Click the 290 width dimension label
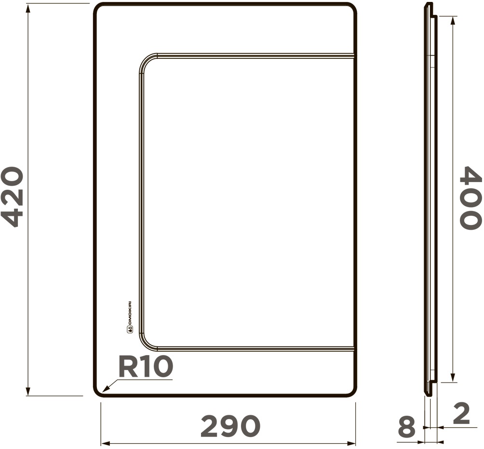coord(230,426)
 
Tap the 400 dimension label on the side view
coord(471,198)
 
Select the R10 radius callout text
coord(146,366)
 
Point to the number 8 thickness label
coord(406,426)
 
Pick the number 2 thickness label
coord(461,413)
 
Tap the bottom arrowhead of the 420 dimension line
coord(28,391)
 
